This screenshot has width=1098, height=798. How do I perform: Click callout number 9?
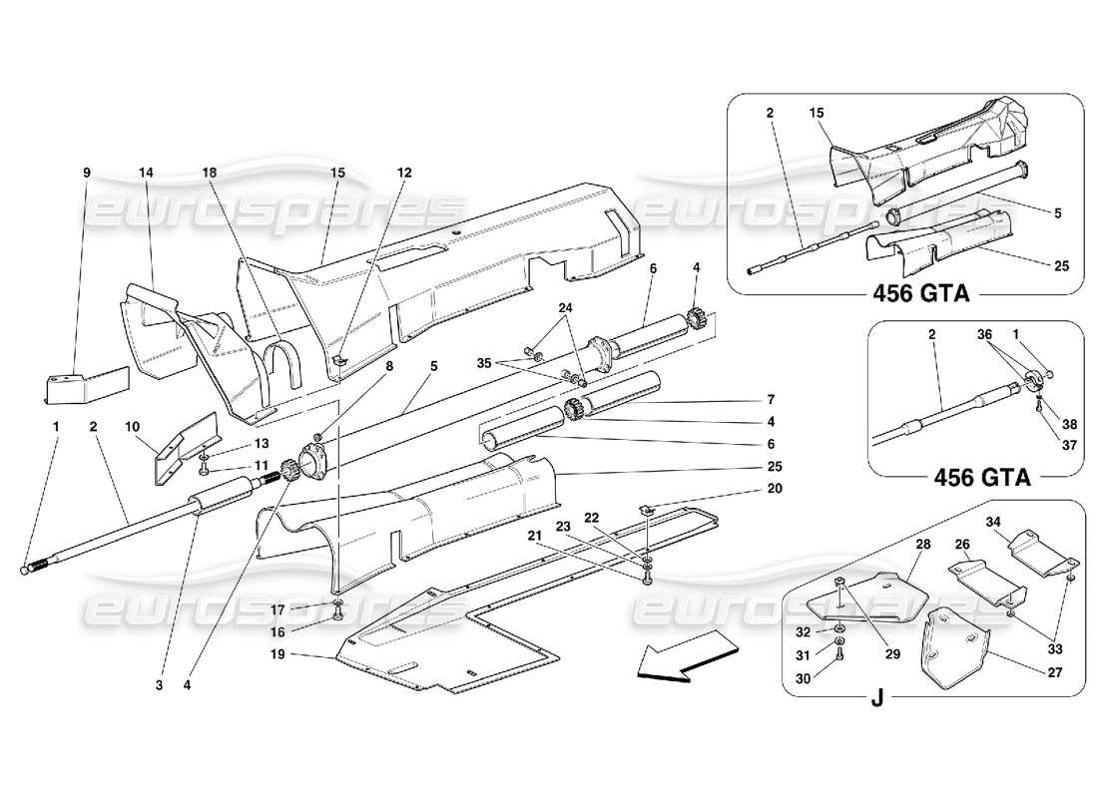pyautogui.click(x=87, y=173)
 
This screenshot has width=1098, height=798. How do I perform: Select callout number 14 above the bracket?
pyautogui.click(x=147, y=173)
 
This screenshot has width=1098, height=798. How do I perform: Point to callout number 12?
pyautogui.click(x=403, y=173)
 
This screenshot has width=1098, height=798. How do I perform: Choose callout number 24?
pyautogui.click(x=565, y=309)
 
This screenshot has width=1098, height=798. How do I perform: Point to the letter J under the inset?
pyautogui.click(x=876, y=698)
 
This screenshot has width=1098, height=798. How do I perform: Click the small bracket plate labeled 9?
pyautogui.click(x=85, y=383)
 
